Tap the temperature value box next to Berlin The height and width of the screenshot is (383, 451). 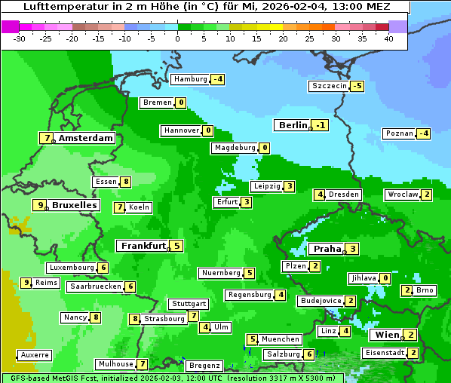(321, 125)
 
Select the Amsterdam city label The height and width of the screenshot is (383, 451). (86, 138)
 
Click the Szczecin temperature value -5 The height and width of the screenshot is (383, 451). (357, 86)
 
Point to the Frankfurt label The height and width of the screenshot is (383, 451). (143, 246)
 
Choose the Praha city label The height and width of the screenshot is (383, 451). (327, 249)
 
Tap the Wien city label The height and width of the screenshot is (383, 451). (385, 335)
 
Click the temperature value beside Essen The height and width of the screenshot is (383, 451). (126, 182)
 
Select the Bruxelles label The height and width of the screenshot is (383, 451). (74, 205)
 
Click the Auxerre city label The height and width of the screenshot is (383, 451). (35, 354)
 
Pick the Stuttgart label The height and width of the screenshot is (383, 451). (189, 304)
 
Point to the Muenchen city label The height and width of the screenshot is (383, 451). (281, 339)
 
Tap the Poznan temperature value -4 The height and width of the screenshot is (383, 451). (424, 134)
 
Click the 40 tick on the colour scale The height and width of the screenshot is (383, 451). (388, 38)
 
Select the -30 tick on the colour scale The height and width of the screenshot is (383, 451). (20, 38)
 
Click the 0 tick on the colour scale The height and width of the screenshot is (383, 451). (177, 38)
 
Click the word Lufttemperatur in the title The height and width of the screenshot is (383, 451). (57, 6)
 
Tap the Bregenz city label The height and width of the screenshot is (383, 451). (204, 365)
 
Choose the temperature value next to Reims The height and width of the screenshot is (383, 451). (26, 283)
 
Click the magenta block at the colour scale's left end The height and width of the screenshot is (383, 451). (11, 26)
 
